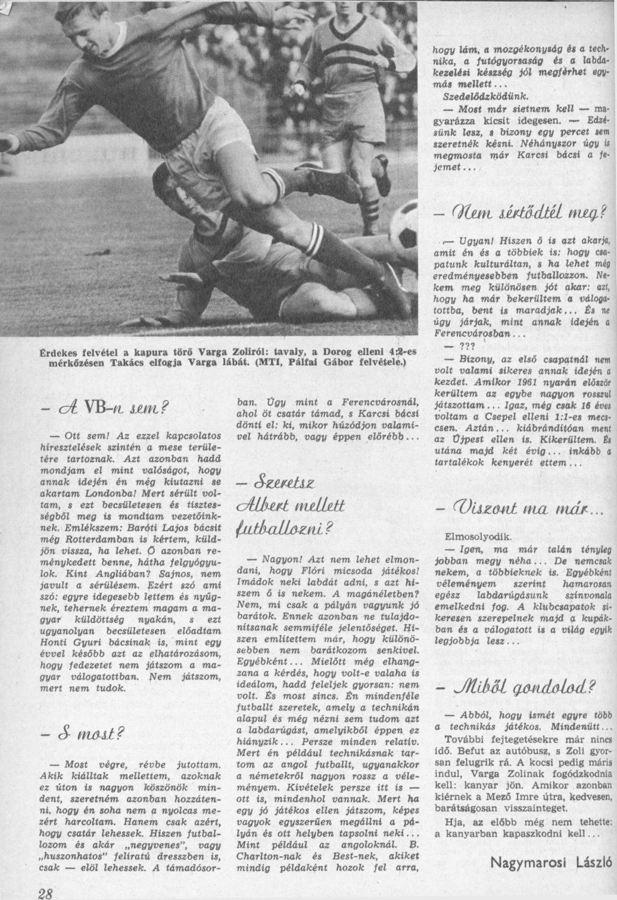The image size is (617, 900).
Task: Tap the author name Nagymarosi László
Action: (551, 862)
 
